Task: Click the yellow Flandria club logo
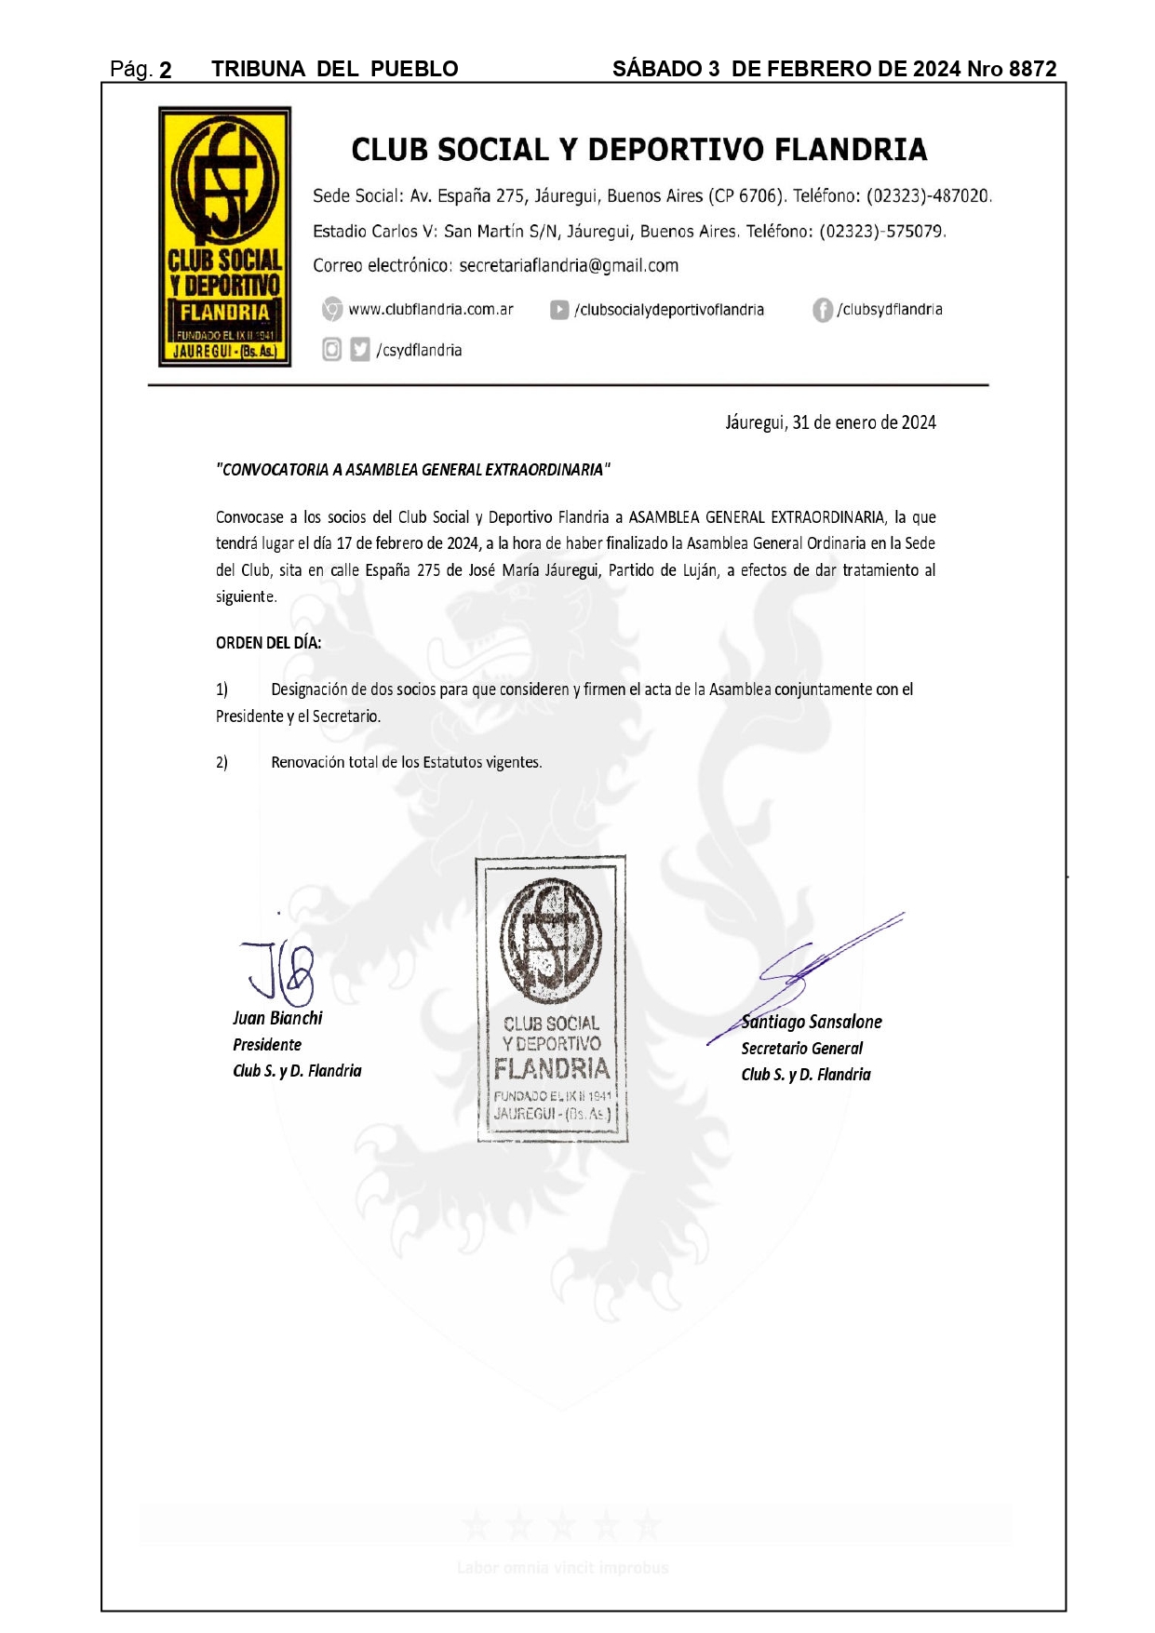click(224, 236)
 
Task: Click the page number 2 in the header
click(165, 70)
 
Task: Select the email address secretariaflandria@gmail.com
click(568, 266)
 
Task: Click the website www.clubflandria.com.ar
click(430, 310)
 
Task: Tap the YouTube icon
click(559, 310)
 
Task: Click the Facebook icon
click(822, 310)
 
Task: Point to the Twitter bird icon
click(360, 350)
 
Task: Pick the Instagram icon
click(331, 350)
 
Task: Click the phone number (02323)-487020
click(928, 196)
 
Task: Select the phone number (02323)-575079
click(881, 232)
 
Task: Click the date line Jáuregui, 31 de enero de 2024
click(830, 423)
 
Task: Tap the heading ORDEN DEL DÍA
click(268, 643)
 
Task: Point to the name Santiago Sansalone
click(811, 1023)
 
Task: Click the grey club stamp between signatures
click(552, 998)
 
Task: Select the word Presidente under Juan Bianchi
click(267, 1045)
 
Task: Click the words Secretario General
click(801, 1049)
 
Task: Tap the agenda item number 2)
click(222, 763)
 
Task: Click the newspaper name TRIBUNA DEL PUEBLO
click(334, 69)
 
